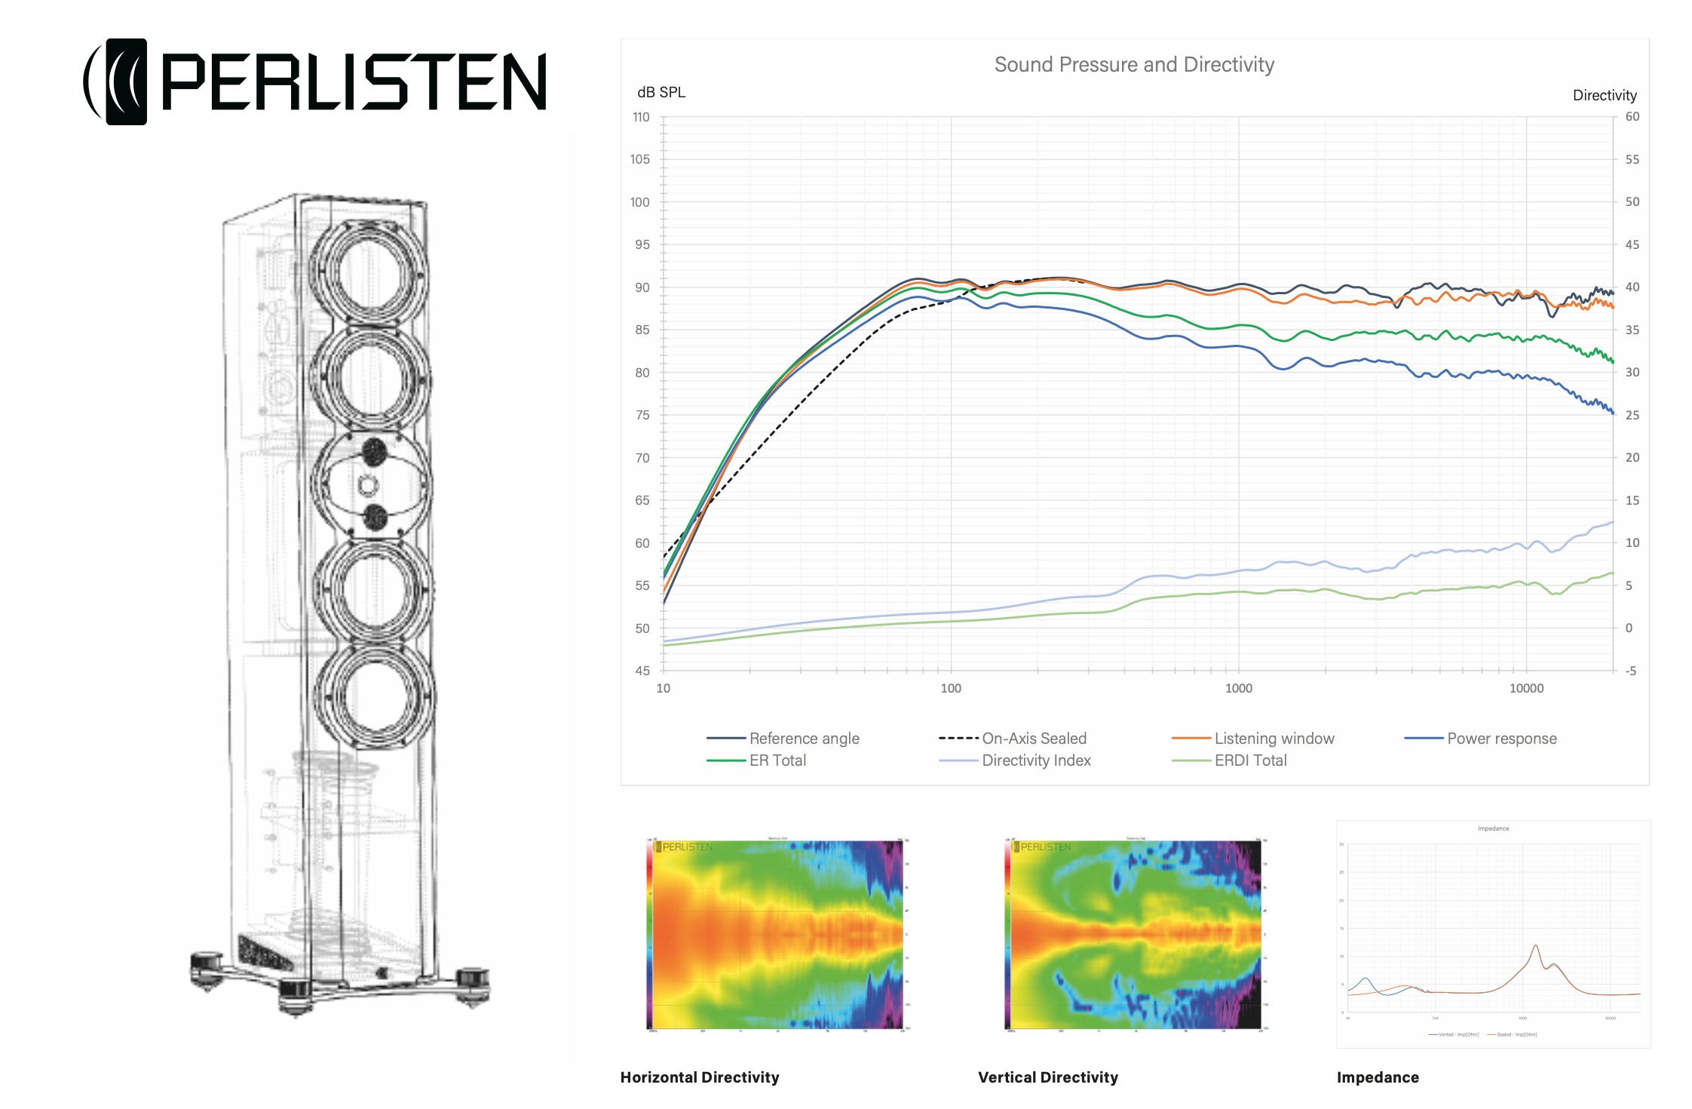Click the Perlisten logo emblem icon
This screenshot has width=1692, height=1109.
click(x=117, y=81)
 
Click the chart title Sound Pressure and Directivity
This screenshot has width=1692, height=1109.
click(x=1133, y=65)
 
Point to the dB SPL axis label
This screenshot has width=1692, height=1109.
click(x=661, y=92)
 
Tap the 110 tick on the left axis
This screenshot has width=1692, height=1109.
click(x=641, y=117)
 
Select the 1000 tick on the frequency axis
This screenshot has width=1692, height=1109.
click(x=1238, y=688)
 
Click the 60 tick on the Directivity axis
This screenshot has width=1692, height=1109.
click(x=1632, y=117)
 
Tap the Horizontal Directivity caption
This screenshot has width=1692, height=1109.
click(x=700, y=1077)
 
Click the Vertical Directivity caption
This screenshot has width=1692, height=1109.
click(x=1048, y=1077)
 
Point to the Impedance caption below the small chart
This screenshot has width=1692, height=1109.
click(x=1378, y=1077)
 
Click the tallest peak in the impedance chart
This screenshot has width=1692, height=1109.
click(x=1535, y=946)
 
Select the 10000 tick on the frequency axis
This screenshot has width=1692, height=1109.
click(x=1526, y=688)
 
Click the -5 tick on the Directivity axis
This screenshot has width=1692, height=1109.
click(x=1630, y=671)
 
